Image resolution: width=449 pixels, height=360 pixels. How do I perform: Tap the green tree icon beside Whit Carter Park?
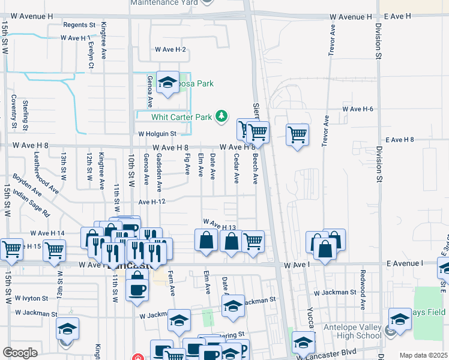[222, 115]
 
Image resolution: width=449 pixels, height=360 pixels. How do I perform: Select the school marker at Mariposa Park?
[167, 83]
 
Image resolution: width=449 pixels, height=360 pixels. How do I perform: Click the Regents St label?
[79, 25]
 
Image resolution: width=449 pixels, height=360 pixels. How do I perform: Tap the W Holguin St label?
[157, 134]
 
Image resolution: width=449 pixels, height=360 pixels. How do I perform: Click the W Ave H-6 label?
[358, 109]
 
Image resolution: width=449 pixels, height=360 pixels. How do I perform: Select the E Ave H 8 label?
[400, 139]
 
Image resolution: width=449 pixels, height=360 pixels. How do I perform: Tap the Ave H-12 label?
[151, 202]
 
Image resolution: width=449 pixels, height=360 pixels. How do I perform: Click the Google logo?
[20, 352]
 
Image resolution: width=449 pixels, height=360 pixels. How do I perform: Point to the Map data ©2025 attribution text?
[424, 355]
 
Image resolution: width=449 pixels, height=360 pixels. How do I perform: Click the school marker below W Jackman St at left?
[68, 329]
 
